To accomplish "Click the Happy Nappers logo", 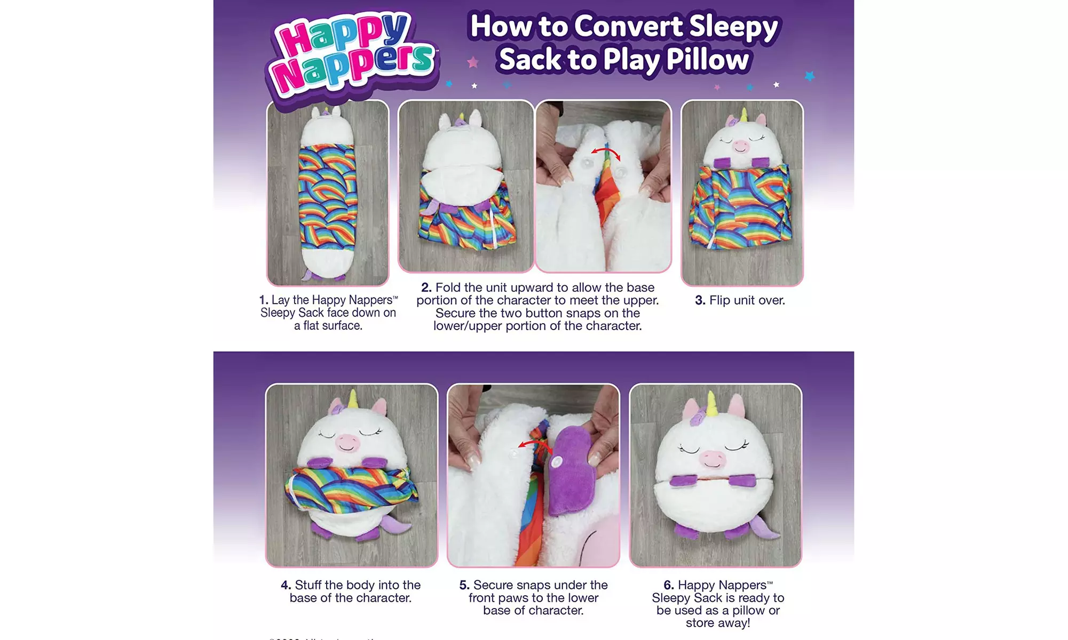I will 352,56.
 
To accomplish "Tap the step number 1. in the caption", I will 264,300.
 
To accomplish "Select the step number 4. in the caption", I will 286,586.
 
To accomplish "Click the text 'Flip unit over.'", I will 747,300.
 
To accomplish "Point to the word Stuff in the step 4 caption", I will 311,586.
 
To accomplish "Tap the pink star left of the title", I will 472,63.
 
